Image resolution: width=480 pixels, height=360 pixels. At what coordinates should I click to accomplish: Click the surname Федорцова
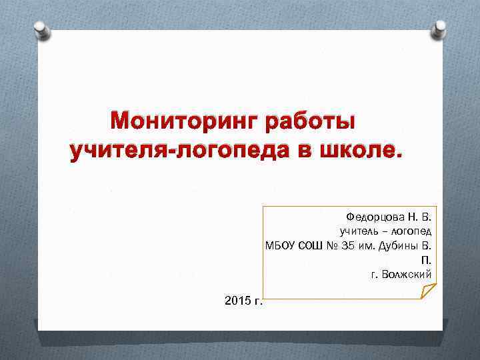pyautogui.click(x=375, y=217)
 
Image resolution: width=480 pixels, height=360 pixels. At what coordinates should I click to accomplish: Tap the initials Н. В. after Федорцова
pyautogui.click(x=421, y=217)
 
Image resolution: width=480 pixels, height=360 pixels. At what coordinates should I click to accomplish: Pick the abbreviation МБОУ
pyautogui.click(x=279, y=245)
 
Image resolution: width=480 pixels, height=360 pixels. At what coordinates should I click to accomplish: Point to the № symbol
pyautogui.click(x=333, y=245)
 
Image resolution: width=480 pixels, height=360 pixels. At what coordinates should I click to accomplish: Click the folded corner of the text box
pyautogui.click(x=428, y=291)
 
